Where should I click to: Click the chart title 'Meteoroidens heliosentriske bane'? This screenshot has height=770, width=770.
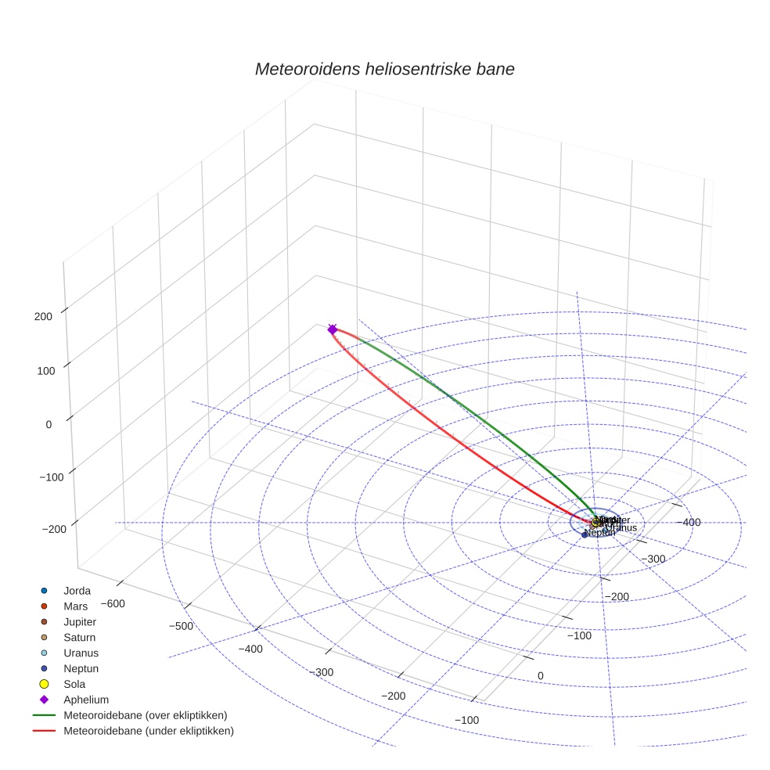(x=384, y=69)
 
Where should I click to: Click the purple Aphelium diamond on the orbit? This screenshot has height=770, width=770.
(x=333, y=329)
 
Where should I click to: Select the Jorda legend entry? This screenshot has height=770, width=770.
(x=77, y=590)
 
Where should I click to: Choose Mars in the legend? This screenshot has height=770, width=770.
(x=75, y=606)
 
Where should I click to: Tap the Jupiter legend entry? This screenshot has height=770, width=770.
(x=79, y=621)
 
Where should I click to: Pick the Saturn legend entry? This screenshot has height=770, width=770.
(x=79, y=637)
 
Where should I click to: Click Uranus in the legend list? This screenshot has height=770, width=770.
(x=81, y=653)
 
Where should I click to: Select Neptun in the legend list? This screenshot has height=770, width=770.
(x=81, y=668)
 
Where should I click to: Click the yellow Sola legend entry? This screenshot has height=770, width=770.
(x=74, y=684)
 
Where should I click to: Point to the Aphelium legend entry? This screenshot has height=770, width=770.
(x=85, y=700)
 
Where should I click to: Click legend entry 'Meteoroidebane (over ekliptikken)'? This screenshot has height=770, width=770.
(x=145, y=715)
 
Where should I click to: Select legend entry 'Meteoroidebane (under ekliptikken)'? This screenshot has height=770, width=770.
(x=148, y=731)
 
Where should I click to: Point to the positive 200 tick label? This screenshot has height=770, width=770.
(x=43, y=316)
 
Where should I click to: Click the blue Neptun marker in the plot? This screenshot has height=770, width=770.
(x=585, y=534)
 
